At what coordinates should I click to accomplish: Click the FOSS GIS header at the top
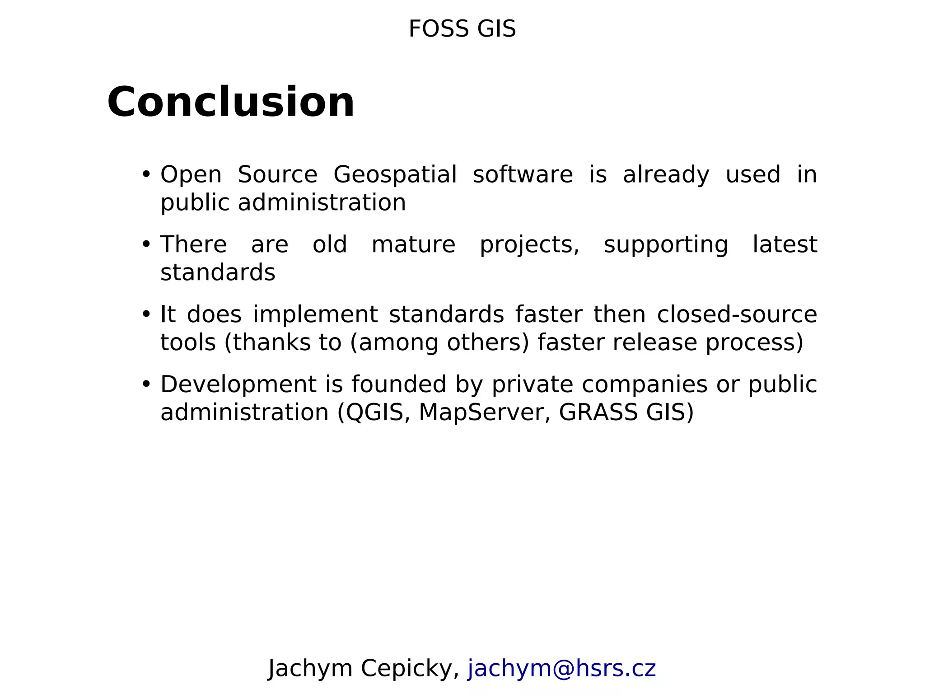point(462,29)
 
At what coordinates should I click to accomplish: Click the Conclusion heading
point(231,102)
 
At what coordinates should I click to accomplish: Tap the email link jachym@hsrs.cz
point(561,668)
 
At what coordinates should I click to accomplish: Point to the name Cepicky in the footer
point(410,668)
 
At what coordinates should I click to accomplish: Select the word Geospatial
point(395,174)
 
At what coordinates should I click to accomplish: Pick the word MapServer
point(485,412)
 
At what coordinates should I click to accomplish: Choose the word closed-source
point(737,314)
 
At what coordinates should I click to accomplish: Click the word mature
point(413,244)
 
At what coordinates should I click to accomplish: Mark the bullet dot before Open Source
point(145,174)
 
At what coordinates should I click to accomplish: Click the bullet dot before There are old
point(145,244)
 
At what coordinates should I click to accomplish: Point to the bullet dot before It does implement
point(145,314)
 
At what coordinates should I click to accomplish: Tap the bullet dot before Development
point(145,384)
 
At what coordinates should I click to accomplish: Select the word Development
point(238,385)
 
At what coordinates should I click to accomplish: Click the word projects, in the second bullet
point(529,245)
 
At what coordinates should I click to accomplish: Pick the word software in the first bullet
point(523,174)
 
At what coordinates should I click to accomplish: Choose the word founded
point(399,385)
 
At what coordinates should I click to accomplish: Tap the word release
point(655,342)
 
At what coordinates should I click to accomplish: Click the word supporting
point(666,245)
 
